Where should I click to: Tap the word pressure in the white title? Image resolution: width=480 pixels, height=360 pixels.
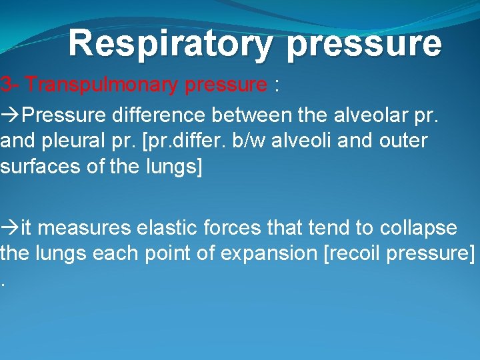tap(365, 43)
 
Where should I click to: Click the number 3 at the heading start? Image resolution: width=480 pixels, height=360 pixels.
tap(5, 85)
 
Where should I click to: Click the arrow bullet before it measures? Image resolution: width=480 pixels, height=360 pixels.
tap(10, 228)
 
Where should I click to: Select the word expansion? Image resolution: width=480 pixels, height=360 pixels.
tap(266, 253)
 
